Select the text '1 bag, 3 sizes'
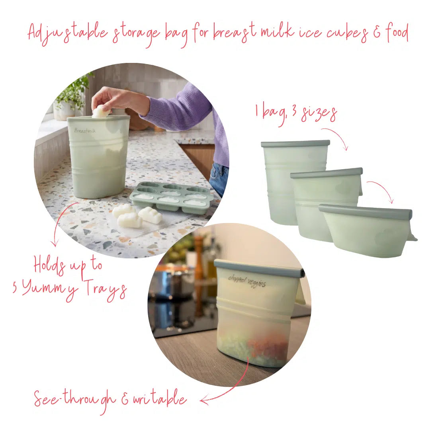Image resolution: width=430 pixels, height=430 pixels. pos(296,114)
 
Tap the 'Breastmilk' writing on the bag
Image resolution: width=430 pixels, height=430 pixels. pos(85,130)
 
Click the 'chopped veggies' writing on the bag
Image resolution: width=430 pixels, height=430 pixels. pos(247,281)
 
